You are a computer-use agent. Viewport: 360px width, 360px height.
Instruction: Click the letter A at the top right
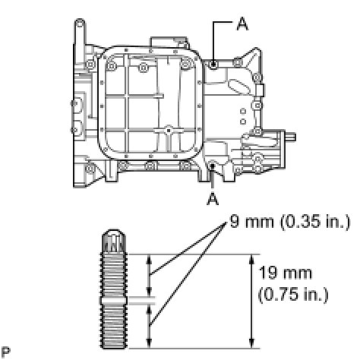242,24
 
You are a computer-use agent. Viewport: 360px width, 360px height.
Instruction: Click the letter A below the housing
213,198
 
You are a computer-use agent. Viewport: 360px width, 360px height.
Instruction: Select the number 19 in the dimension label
268,273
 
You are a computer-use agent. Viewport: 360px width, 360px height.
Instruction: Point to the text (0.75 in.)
293,295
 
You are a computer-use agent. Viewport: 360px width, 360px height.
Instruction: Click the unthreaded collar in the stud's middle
114,300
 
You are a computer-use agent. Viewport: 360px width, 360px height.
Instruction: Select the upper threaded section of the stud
114,275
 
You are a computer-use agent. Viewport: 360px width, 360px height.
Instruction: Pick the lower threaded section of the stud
114,326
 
